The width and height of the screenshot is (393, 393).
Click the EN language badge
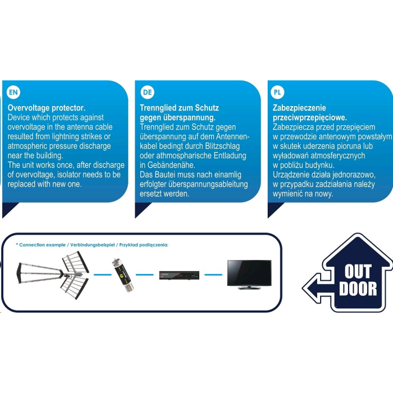pyautogui.click(x=13, y=92)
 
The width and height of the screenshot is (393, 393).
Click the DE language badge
pyautogui.click(x=147, y=92)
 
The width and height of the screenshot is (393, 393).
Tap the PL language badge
pyautogui.click(x=277, y=92)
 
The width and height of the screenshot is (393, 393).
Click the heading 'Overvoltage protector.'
pyautogui.click(x=47, y=108)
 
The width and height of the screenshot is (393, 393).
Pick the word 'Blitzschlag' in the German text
pyautogui.click(x=222, y=146)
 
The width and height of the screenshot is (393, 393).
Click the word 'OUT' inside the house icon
pyautogui.click(x=358, y=271)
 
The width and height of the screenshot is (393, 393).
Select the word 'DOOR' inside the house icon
pyautogui.click(x=358, y=289)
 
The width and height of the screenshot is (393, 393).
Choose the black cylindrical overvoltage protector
pyautogui.click(x=122, y=275)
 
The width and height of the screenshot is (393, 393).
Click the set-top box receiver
pyautogui.click(x=179, y=275)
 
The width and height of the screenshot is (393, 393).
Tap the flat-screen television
pyautogui.click(x=249, y=275)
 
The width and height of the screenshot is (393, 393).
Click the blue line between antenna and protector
pyautogui.click(x=103, y=275)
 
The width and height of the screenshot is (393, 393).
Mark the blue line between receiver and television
pyautogui.click(x=213, y=275)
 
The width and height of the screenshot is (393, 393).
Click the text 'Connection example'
pyautogui.click(x=42, y=245)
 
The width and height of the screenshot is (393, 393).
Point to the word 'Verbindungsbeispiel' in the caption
pyautogui.click(x=92, y=245)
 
